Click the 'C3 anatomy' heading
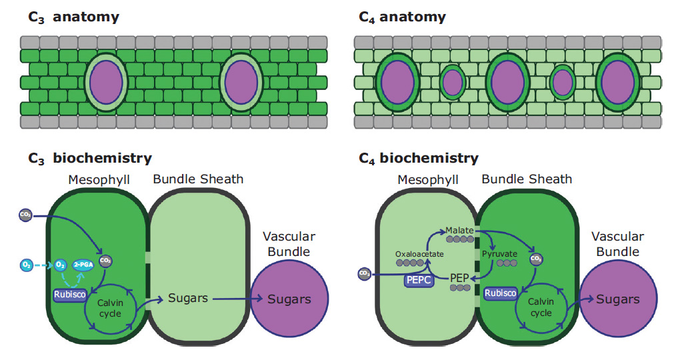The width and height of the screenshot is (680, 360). click(73, 17)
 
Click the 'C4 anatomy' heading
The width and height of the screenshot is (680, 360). click(403, 17)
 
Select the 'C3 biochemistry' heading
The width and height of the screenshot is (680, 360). click(90, 159)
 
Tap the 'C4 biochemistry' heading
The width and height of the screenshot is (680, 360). click(419, 159)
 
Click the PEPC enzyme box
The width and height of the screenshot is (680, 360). click(419, 280)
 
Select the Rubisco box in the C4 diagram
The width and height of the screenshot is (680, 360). click(501, 293)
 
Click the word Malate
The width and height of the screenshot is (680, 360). click(459, 230)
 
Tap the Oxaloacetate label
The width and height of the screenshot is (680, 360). click(419, 253)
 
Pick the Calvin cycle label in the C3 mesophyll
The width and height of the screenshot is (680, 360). click(110, 309)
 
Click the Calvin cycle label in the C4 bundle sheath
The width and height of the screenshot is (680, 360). click(541, 307)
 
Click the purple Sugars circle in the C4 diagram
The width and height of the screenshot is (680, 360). click(618, 299)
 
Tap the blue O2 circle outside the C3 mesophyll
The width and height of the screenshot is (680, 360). click(26, 265)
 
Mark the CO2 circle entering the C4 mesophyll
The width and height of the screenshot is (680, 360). click(364, 273)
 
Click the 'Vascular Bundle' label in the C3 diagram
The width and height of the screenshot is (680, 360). click(289, 244)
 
